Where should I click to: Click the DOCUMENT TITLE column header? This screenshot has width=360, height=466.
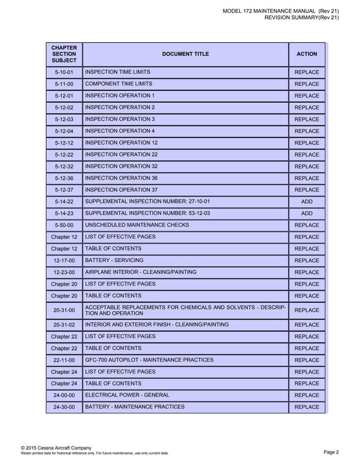point(185,54)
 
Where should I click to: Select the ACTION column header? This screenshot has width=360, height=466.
point(306,54)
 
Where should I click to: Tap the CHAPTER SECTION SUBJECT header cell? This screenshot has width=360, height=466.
point(64,54)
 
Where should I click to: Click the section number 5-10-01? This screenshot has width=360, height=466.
point(64,72)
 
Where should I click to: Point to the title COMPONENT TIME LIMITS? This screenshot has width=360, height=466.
point(118,84)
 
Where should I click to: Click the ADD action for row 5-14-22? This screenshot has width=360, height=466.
point(306,202)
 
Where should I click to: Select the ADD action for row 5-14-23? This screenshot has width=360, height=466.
point(306,214)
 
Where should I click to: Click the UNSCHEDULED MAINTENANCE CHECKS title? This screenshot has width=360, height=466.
point(137,225)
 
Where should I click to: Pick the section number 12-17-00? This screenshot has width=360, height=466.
point(64,261)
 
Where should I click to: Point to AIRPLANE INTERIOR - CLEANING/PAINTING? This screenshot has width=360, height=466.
point(141,272)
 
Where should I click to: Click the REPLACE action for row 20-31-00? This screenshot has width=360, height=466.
point(306,310)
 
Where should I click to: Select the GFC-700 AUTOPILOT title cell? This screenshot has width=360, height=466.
point(149,360)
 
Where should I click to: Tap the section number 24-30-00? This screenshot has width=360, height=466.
point(64,407)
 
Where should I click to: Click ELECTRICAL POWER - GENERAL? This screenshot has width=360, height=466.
point(126,395)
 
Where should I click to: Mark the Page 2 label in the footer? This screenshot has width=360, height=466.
point(331,452)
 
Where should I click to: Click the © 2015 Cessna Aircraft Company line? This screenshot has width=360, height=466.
point(56,447)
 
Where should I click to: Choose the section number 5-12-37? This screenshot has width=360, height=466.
point(64,190)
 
